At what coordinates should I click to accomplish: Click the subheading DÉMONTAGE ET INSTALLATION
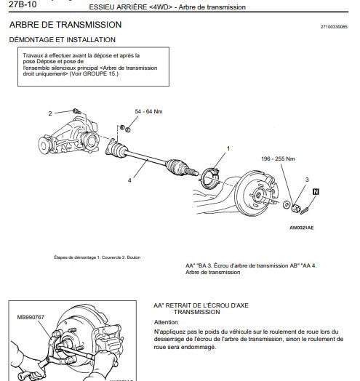point(62,39)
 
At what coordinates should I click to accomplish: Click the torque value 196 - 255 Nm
point(278,159)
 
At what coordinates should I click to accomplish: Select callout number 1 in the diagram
point(228,148)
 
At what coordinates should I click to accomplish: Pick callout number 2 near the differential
point(50,113)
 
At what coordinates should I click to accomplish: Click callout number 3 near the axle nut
point(307,179)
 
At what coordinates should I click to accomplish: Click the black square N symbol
point(316,191)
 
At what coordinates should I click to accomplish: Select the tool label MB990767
point(31,318)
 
